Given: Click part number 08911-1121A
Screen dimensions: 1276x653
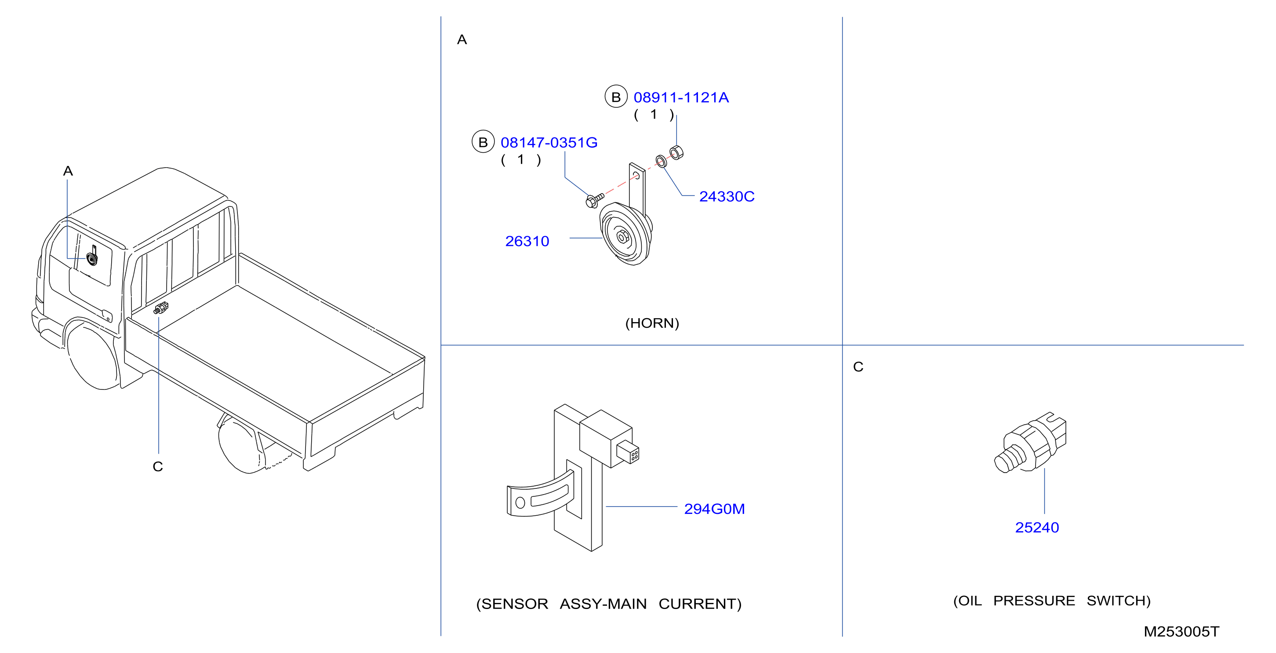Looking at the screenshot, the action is click(x=681, y=98).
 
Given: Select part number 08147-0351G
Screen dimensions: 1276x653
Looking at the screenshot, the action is click(x=549, y=143).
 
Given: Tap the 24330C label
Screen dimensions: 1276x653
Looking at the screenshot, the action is click(x=727, y=197).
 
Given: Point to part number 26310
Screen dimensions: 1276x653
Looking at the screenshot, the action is click(x=527, y=242).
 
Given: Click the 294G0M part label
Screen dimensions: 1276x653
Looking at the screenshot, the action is click(x=714, y=509).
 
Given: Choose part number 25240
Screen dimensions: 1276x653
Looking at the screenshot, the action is click(x=1037, y=528).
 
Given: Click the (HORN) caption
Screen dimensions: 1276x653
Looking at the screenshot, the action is click(x=652, y=323).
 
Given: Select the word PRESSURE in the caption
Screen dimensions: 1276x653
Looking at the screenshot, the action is click(x=1034, y=601).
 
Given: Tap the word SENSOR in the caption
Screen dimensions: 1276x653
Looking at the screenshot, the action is click(x=515, y=604).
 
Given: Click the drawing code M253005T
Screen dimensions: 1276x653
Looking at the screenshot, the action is click(x=1181, y=632).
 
